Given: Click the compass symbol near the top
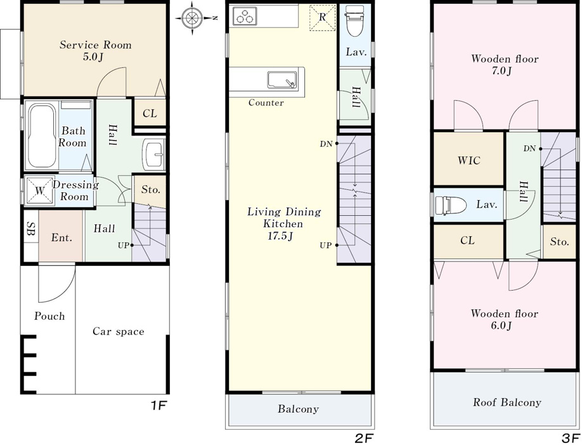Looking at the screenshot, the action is pos(193,18).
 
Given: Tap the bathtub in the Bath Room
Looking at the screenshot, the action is pos(42,135).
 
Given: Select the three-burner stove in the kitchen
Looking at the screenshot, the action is pos(245,17).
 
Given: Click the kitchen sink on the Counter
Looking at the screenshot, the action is pos(281,79).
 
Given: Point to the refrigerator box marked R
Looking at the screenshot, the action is pos(322,17).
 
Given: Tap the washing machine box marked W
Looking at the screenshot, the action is pos(39,191).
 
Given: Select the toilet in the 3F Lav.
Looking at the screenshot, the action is pos(450,206).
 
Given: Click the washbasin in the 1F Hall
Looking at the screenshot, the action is pos(153,154).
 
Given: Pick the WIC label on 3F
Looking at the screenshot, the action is pos(469,161).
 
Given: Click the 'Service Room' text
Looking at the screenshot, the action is pos(95,45).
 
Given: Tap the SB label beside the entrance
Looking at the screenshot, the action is pos(31,229).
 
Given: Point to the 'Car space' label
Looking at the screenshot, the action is pos(119,331).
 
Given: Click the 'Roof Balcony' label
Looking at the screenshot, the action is pos(507,402).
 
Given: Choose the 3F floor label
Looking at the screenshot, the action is pos(571,439).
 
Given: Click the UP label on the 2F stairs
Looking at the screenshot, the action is pos(325,246).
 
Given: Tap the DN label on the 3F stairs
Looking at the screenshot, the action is pos(529,149).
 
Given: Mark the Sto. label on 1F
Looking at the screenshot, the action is pos(151,190).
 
